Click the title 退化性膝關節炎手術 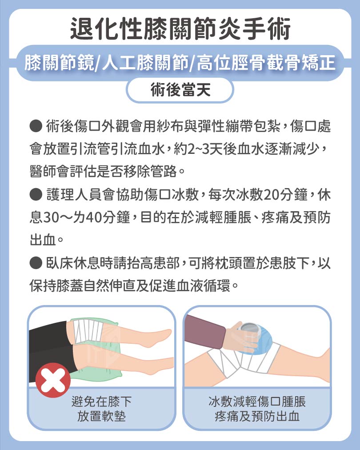[x=180, y=29]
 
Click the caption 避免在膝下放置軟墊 [x=101, y=409]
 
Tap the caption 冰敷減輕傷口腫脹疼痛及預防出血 [x=257, y=409]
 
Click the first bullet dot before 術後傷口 [x=36, y=126]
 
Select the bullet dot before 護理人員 [x=36, y=194]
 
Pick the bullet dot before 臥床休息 [x=36, y=263]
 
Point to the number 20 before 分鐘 [x=272, y=195]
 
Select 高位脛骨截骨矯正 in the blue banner [x=266, y=63]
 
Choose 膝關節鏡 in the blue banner [x=59, y=63]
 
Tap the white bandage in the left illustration [x=88, y=331]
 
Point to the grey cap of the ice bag [x=249, y=328]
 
